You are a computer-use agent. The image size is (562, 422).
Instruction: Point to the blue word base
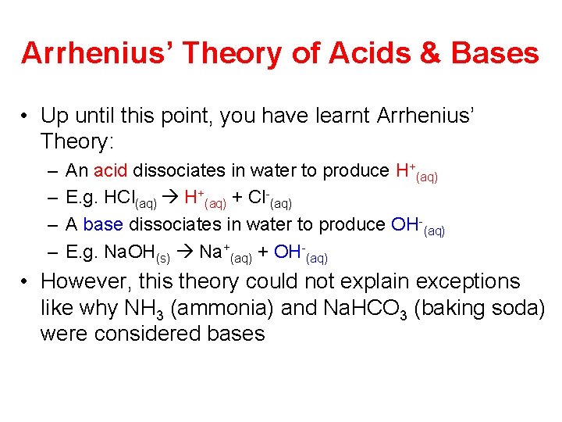pos(103,225)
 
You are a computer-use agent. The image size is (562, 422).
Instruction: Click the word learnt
pos(344,116)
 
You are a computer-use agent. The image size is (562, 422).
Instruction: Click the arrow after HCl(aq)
pos(171,198)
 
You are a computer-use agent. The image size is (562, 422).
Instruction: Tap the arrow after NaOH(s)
pos(186,252)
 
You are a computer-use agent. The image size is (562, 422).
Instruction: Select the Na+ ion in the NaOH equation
pos(215,252)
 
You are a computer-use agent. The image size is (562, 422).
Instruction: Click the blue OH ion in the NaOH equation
pos(288,252)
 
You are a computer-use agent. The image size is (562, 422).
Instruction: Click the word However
pos(81,281)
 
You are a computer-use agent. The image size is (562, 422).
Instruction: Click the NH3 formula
pos(141,309)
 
